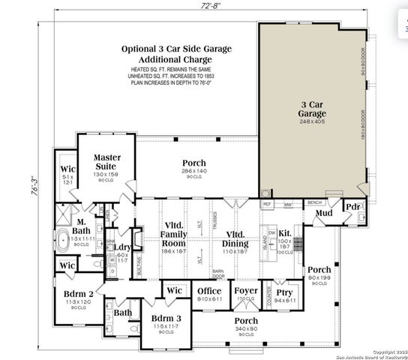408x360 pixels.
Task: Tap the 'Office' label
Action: [x=208, y=292]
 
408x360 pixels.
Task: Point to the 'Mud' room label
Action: [x=324, y=214]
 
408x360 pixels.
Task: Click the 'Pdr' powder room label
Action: [x=352, y=207]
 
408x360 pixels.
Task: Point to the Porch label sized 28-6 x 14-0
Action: [x=193, y=163]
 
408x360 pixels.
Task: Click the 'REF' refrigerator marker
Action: [x=267, y=203]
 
